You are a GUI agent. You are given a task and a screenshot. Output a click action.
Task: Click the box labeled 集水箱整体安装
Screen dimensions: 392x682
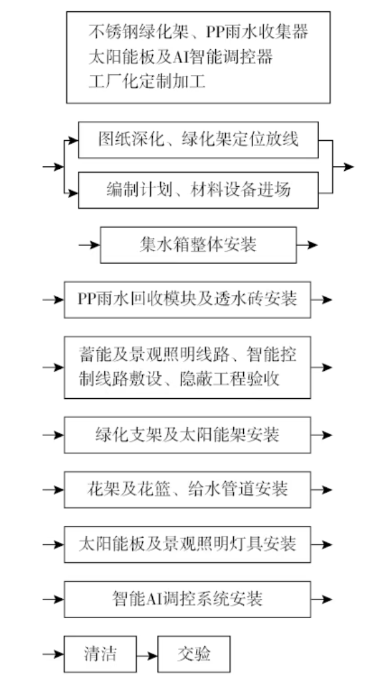198,245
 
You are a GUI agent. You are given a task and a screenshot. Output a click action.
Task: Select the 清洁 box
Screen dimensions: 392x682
100,654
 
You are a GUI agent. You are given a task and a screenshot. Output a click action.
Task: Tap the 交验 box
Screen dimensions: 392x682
194,654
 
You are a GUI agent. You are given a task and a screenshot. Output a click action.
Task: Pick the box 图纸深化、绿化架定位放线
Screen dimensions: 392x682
198,140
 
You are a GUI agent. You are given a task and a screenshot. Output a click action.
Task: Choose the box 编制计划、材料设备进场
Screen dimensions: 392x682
198,190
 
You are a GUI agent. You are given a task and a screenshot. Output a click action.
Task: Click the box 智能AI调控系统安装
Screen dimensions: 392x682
187,600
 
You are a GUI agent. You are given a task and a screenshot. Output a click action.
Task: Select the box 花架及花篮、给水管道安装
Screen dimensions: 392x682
187,490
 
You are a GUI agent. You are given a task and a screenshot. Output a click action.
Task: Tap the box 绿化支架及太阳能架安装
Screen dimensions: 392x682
187,435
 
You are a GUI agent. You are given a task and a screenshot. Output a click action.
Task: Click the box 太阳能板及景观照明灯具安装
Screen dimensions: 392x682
187,544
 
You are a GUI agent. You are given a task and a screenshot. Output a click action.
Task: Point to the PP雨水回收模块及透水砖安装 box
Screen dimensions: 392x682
187,300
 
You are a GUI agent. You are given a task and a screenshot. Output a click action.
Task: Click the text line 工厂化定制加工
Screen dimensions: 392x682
147,81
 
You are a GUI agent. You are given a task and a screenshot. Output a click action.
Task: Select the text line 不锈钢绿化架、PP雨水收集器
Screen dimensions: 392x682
198,32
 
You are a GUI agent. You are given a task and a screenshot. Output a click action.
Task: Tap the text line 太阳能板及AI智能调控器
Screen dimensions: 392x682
181,57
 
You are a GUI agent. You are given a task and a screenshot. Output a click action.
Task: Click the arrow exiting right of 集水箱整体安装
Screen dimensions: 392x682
307,245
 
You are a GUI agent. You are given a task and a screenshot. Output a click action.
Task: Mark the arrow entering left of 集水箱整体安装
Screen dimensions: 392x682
90,245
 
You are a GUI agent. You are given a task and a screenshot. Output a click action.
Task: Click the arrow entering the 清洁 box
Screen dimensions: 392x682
53,654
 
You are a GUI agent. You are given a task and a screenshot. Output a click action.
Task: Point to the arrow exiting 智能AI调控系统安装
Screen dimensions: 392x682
322,600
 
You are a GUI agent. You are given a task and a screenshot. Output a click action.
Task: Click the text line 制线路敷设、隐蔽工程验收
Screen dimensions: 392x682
179,379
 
